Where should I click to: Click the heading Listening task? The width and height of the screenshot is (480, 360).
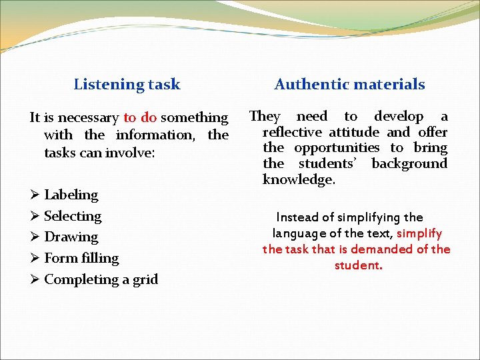tap(127, 85)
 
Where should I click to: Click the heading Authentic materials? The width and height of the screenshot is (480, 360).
tap(349, 85)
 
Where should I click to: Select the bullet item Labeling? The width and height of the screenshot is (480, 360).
tap(71, 195)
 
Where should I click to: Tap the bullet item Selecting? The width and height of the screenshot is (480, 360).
tap(73, 216)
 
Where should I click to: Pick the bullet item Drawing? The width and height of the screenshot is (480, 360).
tap(71, 237)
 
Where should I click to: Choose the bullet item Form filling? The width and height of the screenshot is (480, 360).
tap(81, 258)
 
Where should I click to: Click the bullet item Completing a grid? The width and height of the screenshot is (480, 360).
tap(101, 279)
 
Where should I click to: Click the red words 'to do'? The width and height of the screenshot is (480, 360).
tap(140, 118)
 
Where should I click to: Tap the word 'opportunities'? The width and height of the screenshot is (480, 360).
tap(337, 148)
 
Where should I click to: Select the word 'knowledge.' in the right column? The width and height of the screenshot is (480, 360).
tap(299, 180)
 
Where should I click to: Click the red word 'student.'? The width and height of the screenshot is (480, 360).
tap(358, 265)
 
